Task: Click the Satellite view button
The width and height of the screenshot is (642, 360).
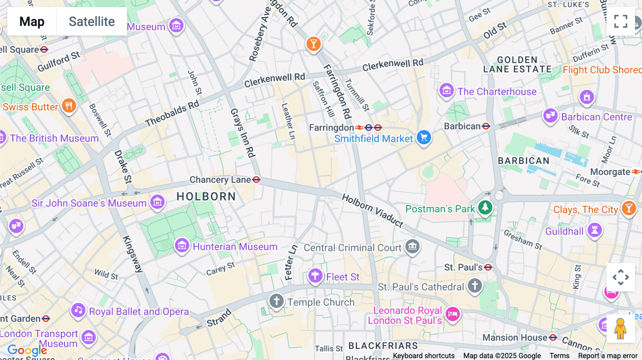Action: pos(92,21)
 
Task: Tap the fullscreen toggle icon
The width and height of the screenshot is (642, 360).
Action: pos(621,21)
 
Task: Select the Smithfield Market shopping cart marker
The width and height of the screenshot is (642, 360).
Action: pos(424,137)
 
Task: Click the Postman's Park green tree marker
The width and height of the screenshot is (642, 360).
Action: pos(485,207)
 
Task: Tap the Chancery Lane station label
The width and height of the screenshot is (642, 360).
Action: pos(220,180)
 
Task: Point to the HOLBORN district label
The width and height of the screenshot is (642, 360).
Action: pos(206,196)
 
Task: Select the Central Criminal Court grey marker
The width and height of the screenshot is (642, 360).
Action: pos(413,246)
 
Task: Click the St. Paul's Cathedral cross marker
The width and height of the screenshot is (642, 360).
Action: pos(475,285)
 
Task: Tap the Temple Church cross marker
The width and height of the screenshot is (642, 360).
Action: pos(276,301)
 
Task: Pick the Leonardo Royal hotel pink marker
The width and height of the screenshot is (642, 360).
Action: pos(453,314)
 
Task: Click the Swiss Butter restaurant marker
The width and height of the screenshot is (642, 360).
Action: pos(69,106)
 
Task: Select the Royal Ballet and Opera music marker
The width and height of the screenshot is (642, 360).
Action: pos(78,310)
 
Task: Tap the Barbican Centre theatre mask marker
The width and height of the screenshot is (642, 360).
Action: pos(550,115)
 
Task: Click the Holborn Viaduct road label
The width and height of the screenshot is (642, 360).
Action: pos(372,211)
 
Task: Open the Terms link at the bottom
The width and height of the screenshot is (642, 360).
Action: pos(559,355)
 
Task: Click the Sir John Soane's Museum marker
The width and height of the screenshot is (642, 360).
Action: pos(157,202)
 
